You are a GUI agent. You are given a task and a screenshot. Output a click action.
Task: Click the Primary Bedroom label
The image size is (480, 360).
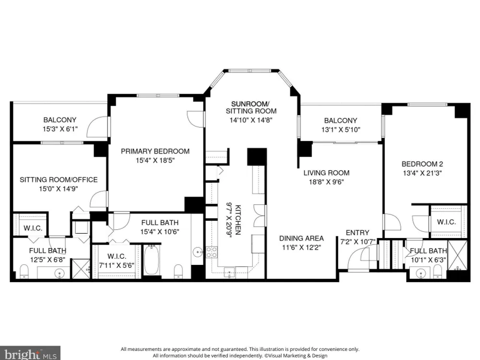pos(155,151)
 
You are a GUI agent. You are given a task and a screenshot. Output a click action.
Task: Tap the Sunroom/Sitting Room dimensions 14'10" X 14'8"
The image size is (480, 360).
pos(251,120)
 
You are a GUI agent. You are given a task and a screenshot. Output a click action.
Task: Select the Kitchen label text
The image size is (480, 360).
pos(238,220)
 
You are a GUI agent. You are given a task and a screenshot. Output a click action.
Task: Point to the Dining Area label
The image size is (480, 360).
pos(301,238)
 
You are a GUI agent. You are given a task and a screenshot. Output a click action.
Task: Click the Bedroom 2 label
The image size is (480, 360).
pos(422,164)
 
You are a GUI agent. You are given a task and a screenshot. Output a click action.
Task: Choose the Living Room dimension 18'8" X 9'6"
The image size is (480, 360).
pos(326,182)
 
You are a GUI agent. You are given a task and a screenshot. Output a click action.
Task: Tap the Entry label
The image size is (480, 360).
pos(357,233)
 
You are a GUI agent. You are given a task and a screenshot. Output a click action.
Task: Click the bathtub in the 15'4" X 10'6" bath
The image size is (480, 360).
pos(152,260)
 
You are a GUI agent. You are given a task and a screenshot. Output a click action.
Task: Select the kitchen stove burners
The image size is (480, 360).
pos(212,252)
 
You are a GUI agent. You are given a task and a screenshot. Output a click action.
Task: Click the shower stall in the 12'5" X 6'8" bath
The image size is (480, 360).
pos(81,269)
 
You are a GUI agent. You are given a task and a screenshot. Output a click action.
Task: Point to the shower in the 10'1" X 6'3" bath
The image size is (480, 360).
pos(457,256)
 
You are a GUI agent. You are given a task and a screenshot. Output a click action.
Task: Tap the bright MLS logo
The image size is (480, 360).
pos(30,353)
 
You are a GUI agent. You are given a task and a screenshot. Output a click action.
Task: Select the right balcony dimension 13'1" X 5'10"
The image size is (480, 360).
pos(340,130)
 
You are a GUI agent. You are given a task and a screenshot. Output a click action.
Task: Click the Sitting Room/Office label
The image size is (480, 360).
pos(59,180)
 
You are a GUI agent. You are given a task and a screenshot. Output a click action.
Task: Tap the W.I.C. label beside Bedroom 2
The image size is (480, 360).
pos(446,222)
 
